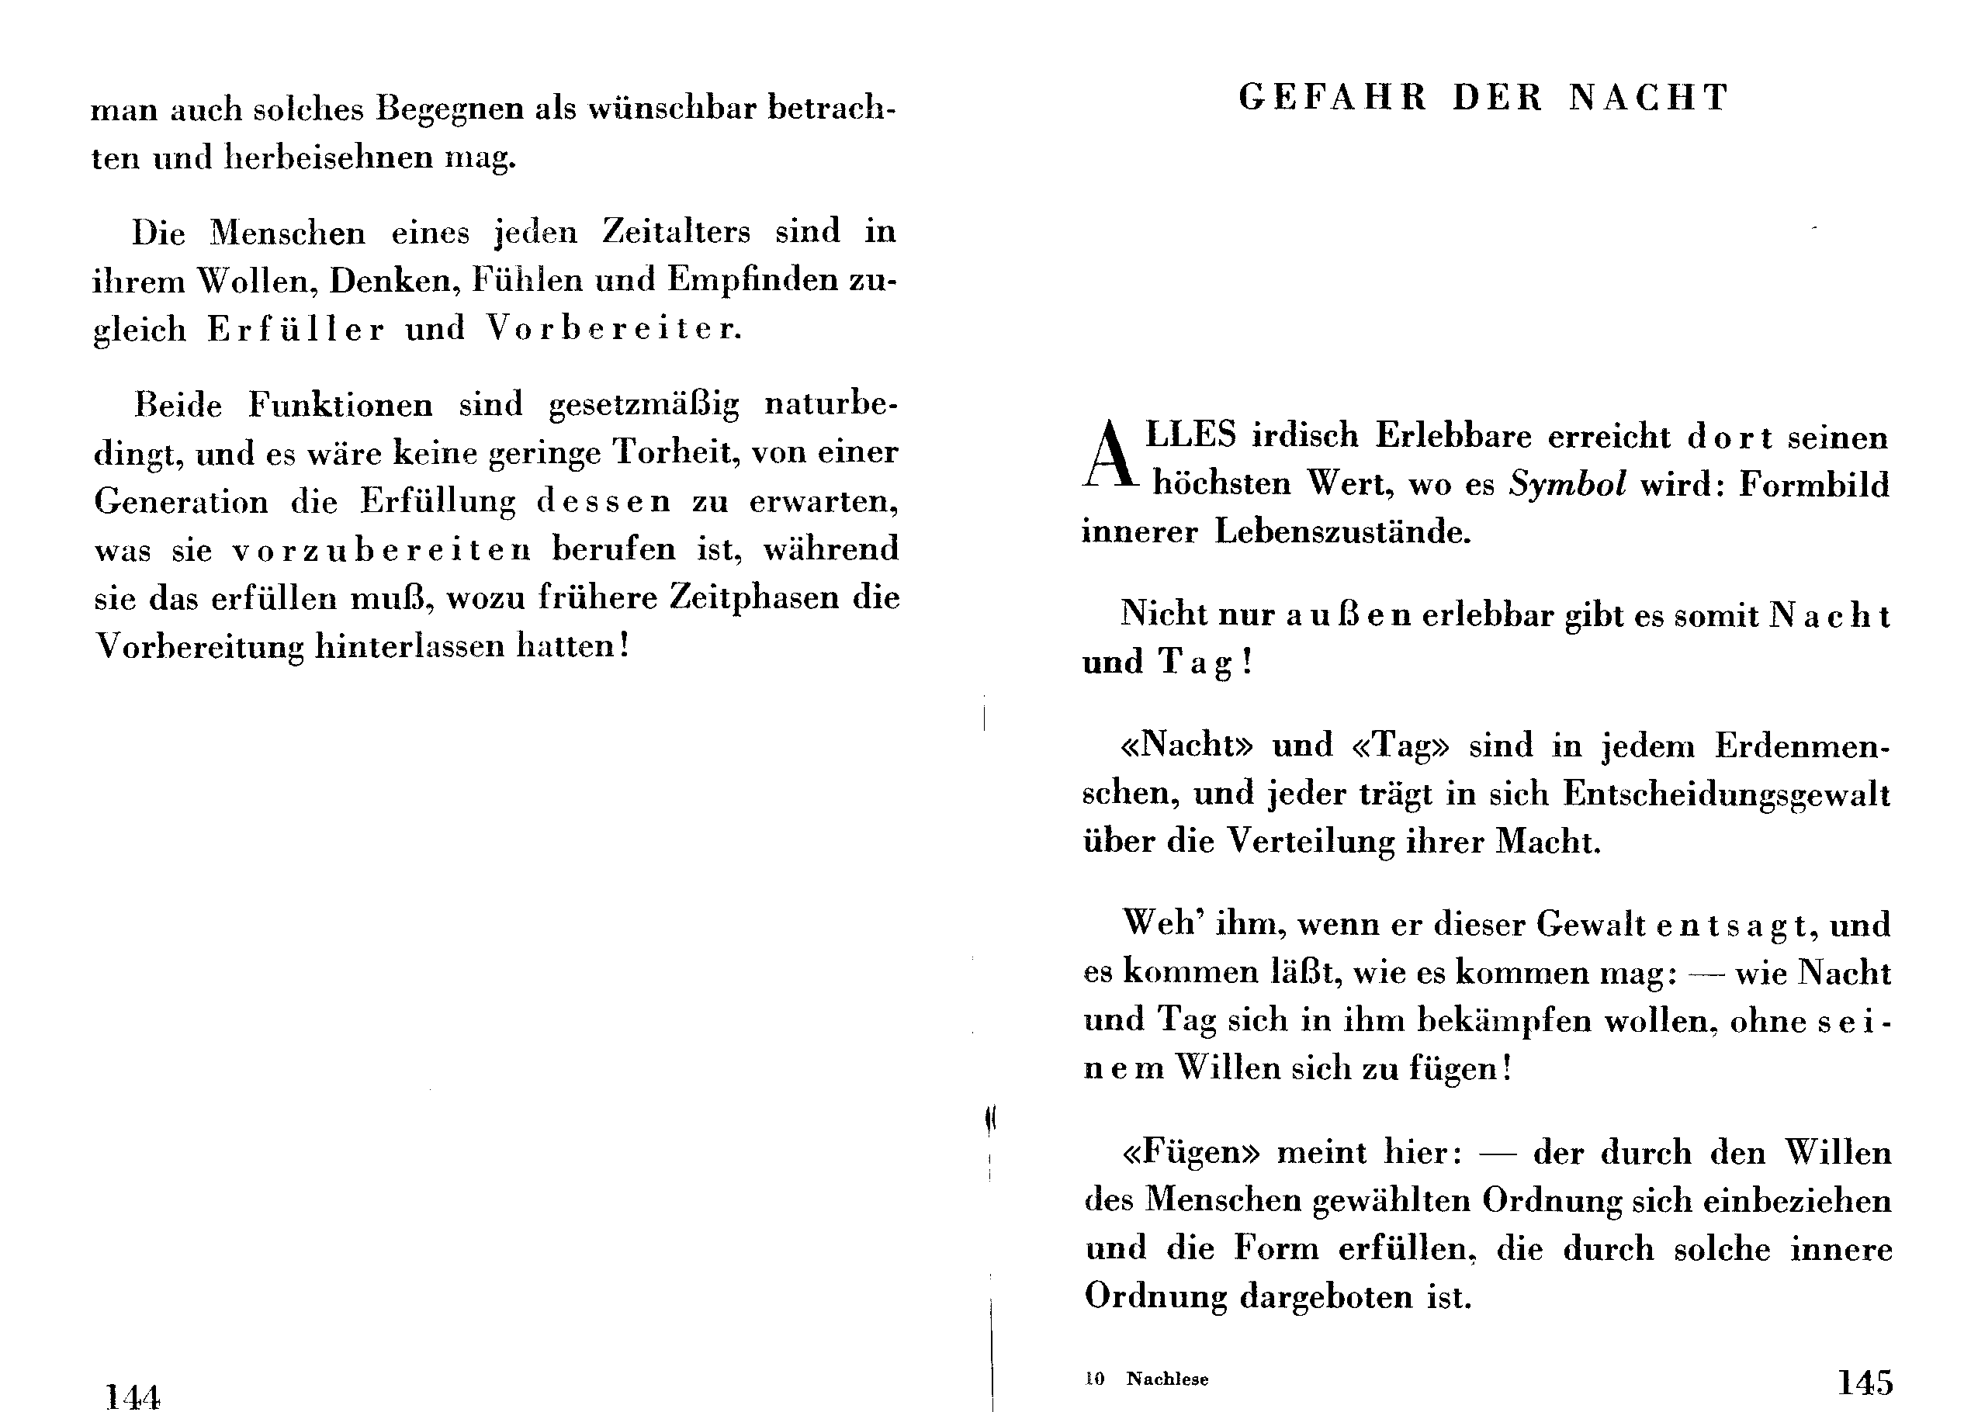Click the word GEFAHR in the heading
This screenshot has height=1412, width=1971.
click(x=1332, y=97)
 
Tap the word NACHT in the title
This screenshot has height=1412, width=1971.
click(x=1649, y=97)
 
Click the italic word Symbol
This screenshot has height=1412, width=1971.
click(x=1567, y=484)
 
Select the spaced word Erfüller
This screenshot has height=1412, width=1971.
click(x=296, y=329)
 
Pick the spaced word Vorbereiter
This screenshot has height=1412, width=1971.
click(x=613, y=328)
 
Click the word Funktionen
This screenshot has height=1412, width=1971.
click(x=341, y=405)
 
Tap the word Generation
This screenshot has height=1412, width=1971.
click(x=181, y=501)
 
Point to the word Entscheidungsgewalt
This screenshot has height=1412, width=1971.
click(x=1726, y=794)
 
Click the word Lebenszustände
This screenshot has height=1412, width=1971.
click(x=1342, y=531)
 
